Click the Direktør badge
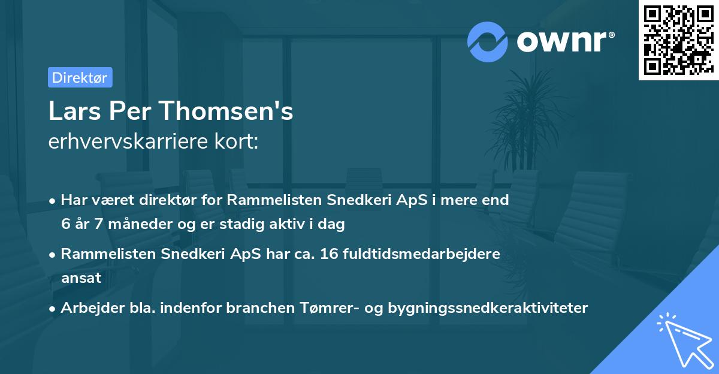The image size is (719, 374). pyautogui.click(x=80, y=77)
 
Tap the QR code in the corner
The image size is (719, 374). pyautogui.click(x=678, y=40)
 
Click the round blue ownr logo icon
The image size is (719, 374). pyautogui.click(x=488, y=41)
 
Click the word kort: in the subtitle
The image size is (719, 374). pyautogui.click(x=238, y=142)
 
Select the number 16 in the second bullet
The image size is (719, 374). pyautogui.click(x=330, y=254)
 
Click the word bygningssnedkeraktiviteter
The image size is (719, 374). pyautogui.click(x=488, y=308)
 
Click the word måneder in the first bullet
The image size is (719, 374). pyautogui.click(x=132, y=224)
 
